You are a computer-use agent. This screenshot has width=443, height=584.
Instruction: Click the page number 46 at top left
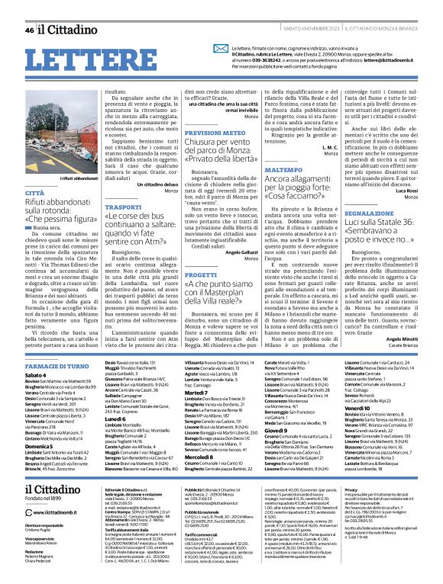pos(29,30)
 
